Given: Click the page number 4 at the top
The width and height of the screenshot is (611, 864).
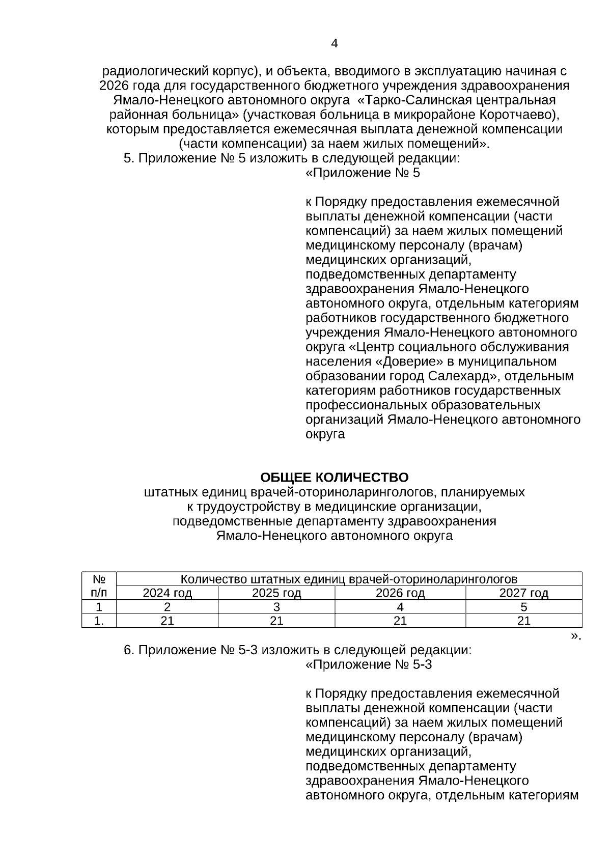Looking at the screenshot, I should (x=334, y=44).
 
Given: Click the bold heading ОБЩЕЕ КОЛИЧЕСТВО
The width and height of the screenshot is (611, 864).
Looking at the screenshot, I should (x=334, y=478).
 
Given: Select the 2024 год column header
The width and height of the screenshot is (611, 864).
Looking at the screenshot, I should (x=167, y=593).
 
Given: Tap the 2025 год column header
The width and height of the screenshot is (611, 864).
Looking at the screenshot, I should (x=276, y=593).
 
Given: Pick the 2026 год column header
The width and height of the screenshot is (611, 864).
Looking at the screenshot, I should (x=400, y=593).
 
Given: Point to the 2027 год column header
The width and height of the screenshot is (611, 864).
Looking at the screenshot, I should (x=523, y=593).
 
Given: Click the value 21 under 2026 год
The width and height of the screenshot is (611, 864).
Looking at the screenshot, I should (x=400, y=621).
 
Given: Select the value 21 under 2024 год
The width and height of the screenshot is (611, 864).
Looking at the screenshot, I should (x=167, y=621).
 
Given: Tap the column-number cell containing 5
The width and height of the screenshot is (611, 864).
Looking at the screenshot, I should (x=523, y=607).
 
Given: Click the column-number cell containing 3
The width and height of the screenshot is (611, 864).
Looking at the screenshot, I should (x=276, y=607).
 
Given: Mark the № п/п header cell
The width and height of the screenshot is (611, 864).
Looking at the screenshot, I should (x=99, y=586).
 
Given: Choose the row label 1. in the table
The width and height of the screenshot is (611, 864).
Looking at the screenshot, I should (x=99, y=621).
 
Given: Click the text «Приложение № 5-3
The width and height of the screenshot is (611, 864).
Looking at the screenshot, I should (x=369, y=664).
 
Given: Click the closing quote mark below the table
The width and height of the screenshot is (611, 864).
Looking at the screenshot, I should (x=575, y=635).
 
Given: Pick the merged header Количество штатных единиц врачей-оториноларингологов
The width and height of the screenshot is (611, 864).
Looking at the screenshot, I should (x=349, y=579).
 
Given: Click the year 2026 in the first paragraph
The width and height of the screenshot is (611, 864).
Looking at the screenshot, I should (x=116, y=85).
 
